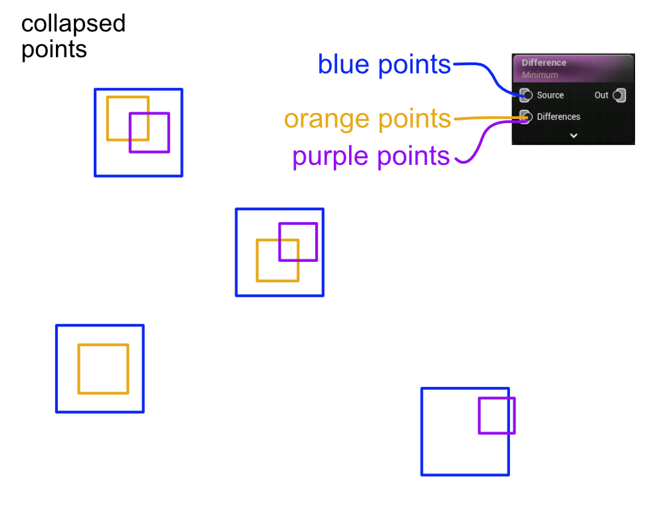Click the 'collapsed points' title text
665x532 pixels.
tap(73, 37)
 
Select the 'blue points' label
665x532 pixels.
tap(384, 65)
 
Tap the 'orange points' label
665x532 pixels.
tap(367, 119)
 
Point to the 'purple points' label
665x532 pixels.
tap(371, 156)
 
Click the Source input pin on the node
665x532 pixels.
tap(525, 95)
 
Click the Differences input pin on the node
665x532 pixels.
tap(525, 116)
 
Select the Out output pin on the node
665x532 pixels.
tap(618, 95)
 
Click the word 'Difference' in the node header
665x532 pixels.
tap(544, 63)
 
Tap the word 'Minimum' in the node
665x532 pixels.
tap(540, 75)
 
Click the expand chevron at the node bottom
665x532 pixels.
tap(573, 136)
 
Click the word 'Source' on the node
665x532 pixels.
tap(550, 95)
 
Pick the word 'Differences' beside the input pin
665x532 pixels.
tap(559, 116)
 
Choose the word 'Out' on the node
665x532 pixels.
tap(601, 95)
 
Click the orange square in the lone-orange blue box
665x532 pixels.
tap(103, 345)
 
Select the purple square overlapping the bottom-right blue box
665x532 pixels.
tap(497, 398)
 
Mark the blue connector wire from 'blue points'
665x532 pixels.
tap(492, 72)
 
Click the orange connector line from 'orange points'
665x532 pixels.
tap(485, 118)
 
